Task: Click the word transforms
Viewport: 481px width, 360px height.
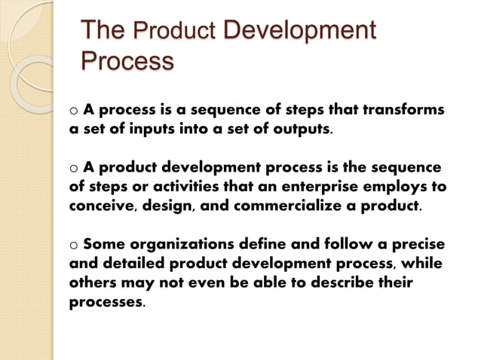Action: (404, 109)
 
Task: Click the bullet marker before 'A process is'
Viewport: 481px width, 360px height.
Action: (73, 111)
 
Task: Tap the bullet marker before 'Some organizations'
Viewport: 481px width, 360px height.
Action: (73, 245)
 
